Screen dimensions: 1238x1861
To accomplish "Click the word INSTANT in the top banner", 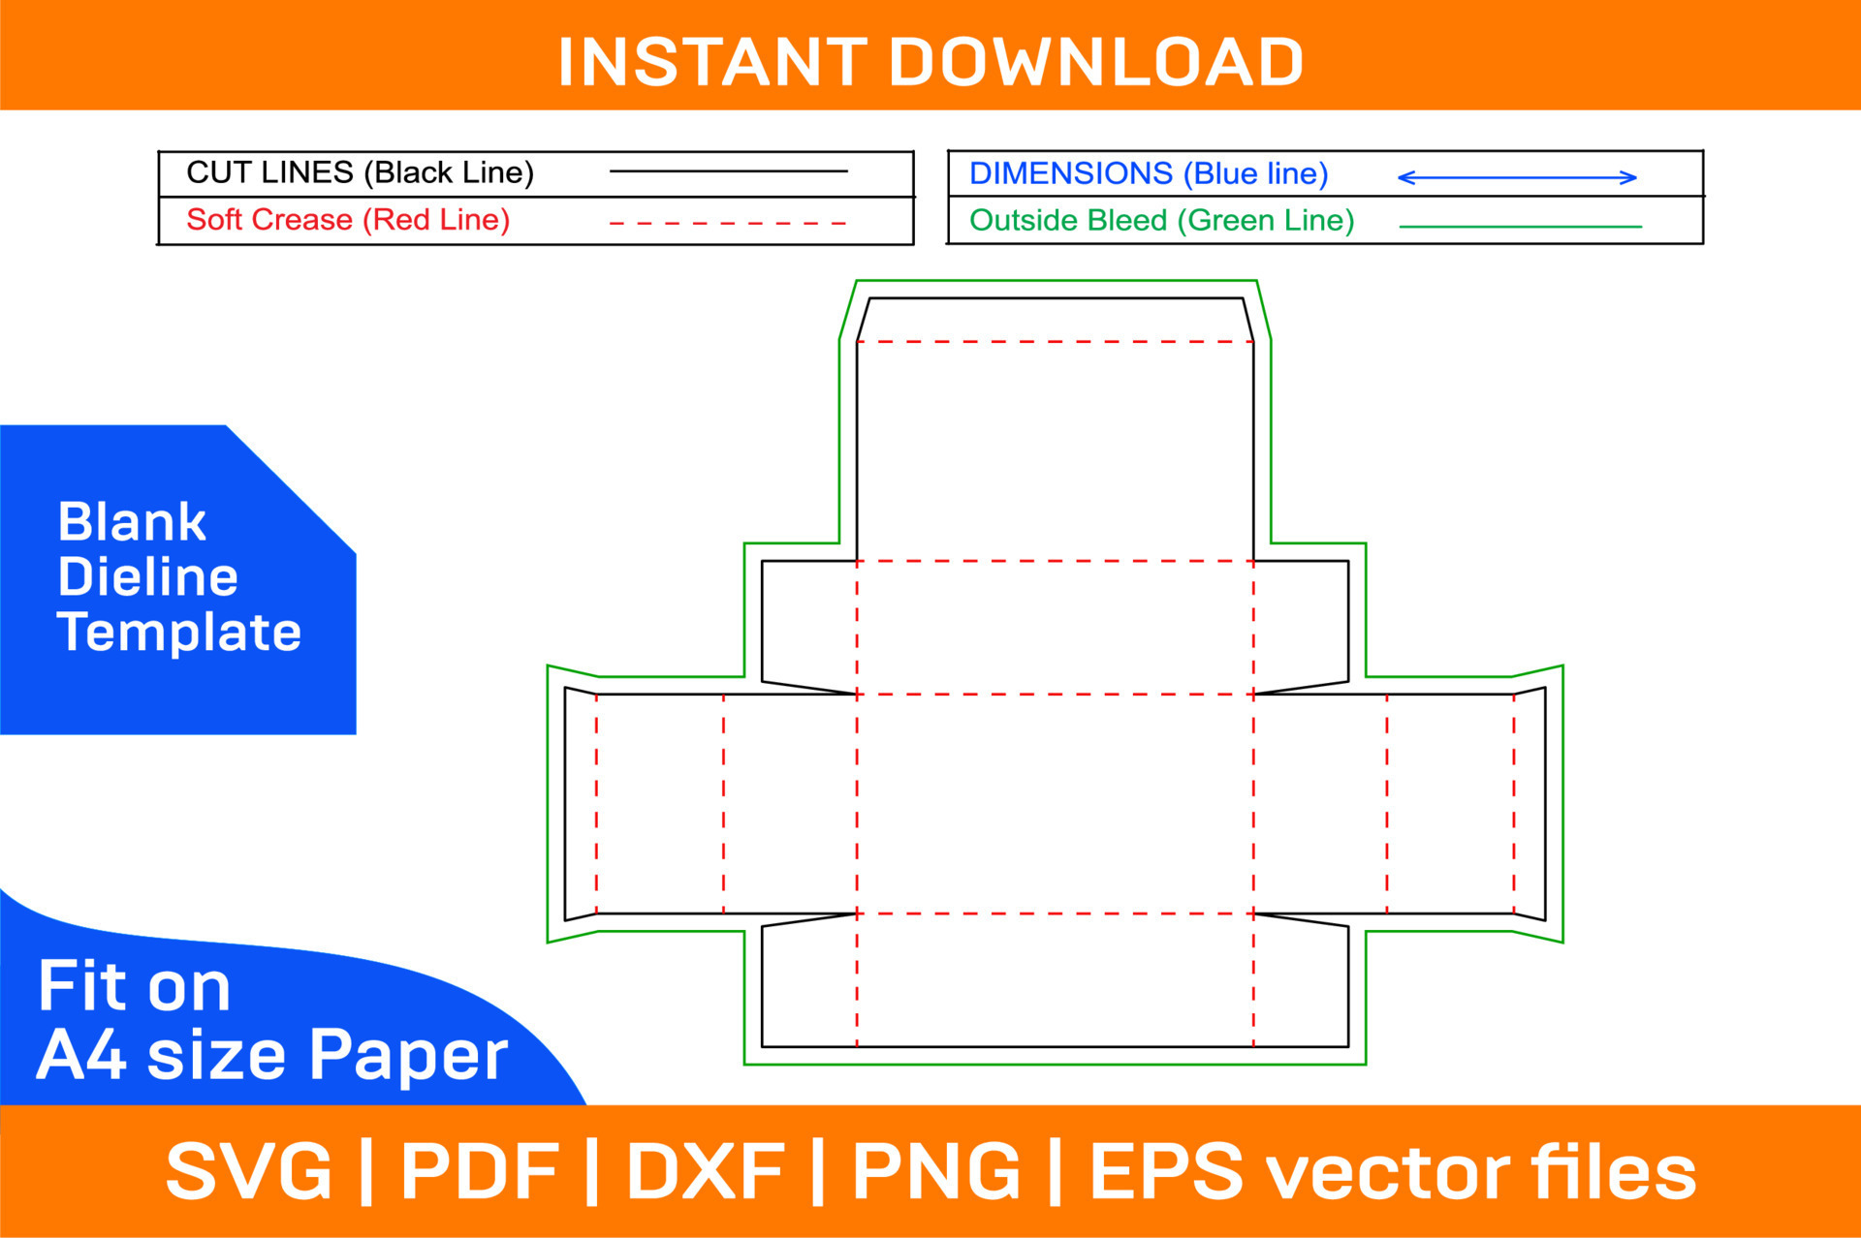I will pyautogui.click(x=712, y=62).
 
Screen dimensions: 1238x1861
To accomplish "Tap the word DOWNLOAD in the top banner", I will pyautogui.click(x=1096, y=62).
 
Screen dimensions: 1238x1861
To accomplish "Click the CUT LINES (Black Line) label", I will pyautogui.click(x=360, y=172).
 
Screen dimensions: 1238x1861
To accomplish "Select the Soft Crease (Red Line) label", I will pyautogui.click(x=348, y=220).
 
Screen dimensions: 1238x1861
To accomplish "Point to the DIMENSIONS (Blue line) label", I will pyautogui.click(x=1149, y=173).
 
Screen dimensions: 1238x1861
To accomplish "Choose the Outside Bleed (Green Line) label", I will pyautogui.click(x=1161, y=221).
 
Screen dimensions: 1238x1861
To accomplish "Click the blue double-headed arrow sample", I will pyautogui.click(x=1517, y=177).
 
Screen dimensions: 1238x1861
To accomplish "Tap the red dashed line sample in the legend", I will pyautogui.click(x=728, y=223).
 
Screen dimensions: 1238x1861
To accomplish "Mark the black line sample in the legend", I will pyautogui.click(x=728, y=171).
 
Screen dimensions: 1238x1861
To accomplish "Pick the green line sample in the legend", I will pyautogui.click(x=1521, y=227).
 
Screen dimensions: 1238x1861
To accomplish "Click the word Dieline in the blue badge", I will pyautogui.click(x=147, y=577).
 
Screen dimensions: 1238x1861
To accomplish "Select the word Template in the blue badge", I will pyautogui.click(x=179, y=633).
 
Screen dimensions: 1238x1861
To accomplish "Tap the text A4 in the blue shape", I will pyautogui.click(x=81, y=1055).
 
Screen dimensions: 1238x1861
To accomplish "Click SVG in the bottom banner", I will pyautogui.click(x=249, y=1171).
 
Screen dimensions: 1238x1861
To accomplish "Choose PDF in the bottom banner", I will pyautogui.click(x=480, y=1171).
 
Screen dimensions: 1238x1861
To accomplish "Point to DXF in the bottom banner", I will pyautogui.click(x=706, y=1171).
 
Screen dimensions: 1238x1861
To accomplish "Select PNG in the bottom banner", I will pyautogui.click(x=936, y=1171).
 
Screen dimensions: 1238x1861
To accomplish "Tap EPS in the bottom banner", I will pyautogui.click(x=1167, y=1171).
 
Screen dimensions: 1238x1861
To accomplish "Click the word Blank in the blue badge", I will pyautogui.click(x=132, y=522).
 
